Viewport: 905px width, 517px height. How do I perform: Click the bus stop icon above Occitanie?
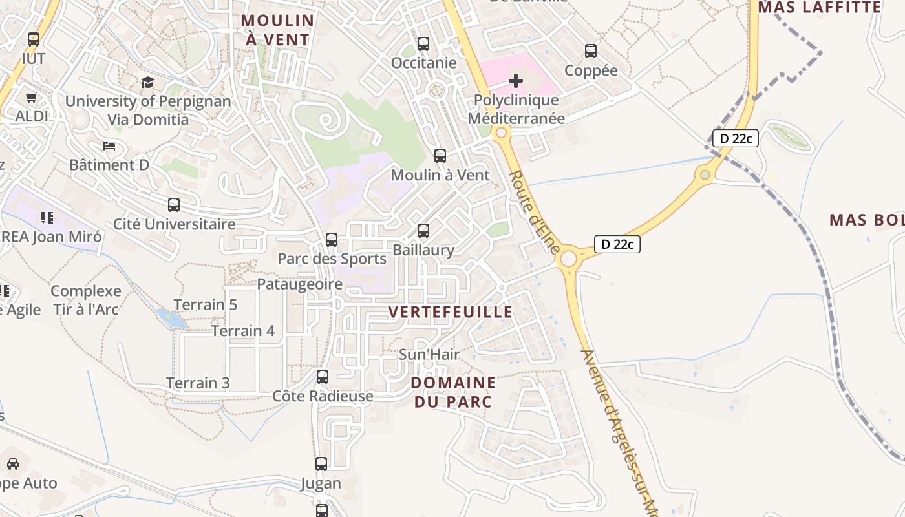point(423,44)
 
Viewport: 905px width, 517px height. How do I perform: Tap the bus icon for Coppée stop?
point(590,51)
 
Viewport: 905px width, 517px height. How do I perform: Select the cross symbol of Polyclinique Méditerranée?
point(516,81)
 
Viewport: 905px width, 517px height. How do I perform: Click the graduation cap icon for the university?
point(147,82)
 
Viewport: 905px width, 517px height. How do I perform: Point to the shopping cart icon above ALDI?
point(31,98)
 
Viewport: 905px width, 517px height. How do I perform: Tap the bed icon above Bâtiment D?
point(109,145)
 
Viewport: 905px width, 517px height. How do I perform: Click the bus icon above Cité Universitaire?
point(174,205)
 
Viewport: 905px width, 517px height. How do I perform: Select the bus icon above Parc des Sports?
point(332,240)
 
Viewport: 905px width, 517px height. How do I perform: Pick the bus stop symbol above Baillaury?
point(423,231)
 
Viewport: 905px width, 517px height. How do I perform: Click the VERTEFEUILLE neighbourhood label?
point(450,312)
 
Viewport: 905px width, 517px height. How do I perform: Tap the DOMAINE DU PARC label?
point(452,392)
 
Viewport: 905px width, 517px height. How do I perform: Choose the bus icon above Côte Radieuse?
point(323,376)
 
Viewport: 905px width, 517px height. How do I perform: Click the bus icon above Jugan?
point(321,463)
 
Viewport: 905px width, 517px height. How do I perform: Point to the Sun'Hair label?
point(429,354)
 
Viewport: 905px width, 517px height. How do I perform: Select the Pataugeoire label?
point(300,284)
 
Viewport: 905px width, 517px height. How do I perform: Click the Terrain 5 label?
point(206,305)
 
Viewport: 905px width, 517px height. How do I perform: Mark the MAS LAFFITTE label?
point(820,8)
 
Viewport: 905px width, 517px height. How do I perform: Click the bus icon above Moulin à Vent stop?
point(440,156)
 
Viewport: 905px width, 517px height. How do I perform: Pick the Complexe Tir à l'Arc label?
point(86,301)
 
